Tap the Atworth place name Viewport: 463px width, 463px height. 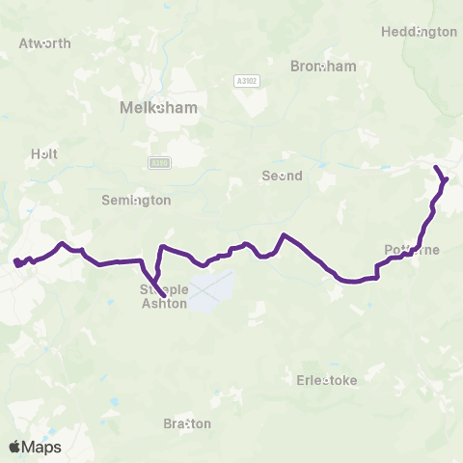tap(44, 43)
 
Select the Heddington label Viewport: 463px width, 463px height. tap(419, 31)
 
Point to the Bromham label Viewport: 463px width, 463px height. tap(323, 66)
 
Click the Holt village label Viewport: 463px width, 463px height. tap(44, 152)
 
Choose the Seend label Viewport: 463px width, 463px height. tap(283, 176)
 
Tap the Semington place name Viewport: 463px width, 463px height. tap(136, 200)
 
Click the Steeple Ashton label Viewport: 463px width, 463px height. tap(163, 295)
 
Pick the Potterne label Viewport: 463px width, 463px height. tap(412, 250)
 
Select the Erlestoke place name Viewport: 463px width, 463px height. tap(326, 380)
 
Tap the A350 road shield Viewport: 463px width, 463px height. tap(159, 163)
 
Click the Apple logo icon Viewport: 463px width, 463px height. tap(15, 447)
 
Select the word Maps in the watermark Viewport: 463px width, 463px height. tap(41, 447)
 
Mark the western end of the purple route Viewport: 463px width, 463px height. tap(14, 262)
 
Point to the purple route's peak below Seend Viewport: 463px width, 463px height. tap(284, 234)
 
